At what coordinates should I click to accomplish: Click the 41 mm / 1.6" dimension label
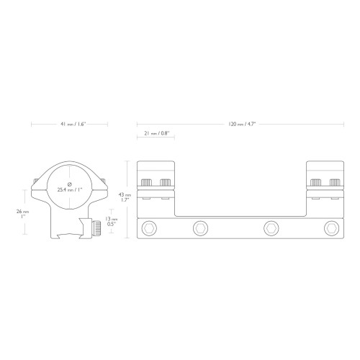(73, 124)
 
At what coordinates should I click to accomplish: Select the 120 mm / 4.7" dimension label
(242, 124)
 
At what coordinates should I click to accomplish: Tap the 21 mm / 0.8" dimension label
(157, 133)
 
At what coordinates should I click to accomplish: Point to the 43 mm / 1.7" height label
(125, 197)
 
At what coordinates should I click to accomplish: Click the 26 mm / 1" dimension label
(22, 214)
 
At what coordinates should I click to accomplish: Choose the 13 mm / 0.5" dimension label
(112, 221)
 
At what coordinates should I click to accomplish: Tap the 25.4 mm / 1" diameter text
(70, 189)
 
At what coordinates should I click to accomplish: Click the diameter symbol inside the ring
(70, 184)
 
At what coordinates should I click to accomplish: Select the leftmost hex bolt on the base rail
(149, 228)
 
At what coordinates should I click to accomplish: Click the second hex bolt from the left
(200, 228)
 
